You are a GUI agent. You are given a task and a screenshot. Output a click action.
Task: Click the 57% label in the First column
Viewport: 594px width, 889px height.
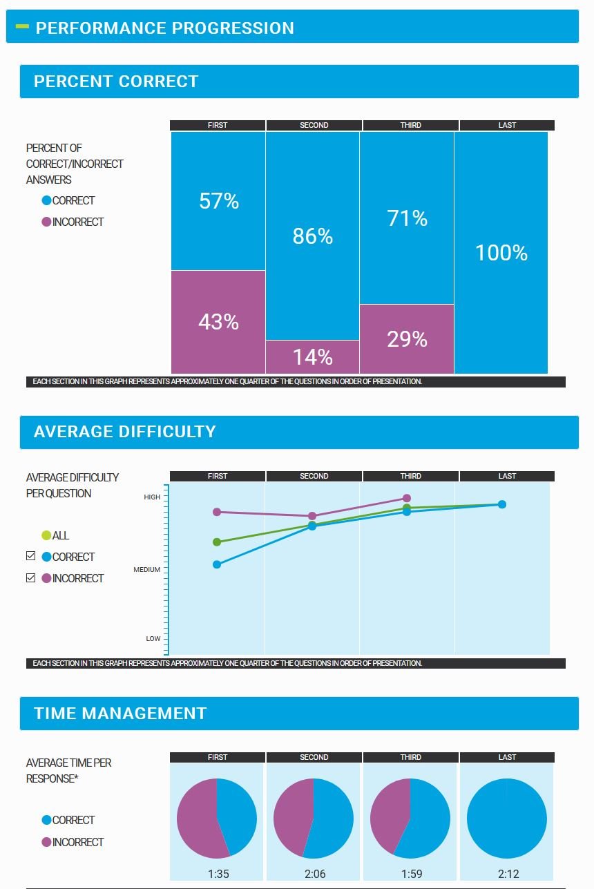219,201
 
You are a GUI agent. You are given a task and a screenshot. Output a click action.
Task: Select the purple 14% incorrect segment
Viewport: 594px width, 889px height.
313,357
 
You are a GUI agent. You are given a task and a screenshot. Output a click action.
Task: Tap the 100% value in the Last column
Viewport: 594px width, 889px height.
501,253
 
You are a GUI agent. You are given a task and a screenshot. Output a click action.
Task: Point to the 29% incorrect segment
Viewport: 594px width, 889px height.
407,339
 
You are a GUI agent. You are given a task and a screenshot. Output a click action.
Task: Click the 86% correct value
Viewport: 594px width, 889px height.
313,236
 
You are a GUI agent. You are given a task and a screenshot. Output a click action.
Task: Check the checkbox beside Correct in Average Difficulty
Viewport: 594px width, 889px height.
30,556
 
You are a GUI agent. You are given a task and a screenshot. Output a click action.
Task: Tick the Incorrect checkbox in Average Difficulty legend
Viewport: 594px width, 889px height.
30,577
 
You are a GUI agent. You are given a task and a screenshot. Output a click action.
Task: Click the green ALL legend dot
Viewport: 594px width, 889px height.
46,535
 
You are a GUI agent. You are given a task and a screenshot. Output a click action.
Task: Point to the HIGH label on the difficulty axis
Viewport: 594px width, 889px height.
152,497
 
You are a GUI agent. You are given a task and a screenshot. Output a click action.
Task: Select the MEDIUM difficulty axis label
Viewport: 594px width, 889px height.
146,570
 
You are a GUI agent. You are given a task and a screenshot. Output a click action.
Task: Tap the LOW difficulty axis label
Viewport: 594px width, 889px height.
153,639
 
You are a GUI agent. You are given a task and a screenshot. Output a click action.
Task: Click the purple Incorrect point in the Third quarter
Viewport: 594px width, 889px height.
407,498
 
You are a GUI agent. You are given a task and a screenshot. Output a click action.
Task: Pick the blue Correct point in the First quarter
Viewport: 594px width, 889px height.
217,564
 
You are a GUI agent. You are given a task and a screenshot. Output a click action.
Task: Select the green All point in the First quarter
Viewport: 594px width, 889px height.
217,542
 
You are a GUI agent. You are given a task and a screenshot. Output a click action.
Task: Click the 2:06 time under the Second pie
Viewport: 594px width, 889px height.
314,874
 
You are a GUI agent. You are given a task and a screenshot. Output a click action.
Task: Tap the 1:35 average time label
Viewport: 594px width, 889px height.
218,874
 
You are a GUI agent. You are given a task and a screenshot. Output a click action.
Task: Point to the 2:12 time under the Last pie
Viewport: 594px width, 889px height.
508,874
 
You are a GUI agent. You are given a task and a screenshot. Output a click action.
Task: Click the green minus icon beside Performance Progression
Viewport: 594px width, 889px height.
22,27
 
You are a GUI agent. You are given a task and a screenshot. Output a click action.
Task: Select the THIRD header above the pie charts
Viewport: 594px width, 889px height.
410,757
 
